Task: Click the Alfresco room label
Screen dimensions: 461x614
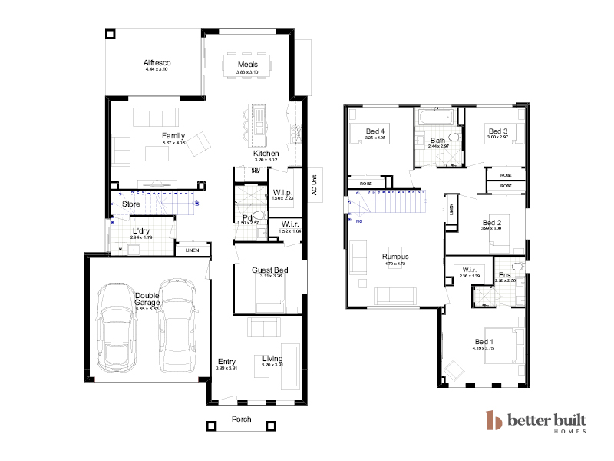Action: (x=156, y=63)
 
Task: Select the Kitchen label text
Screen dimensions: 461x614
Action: (x=266, y=154)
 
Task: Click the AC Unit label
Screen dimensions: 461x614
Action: (x=313, y=186)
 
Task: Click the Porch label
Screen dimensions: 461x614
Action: (x=241, y=420)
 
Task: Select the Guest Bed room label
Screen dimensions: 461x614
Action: (x=269, y=270)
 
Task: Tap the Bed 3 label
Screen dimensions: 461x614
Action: (x=498, y=132)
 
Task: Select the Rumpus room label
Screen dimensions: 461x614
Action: (x=394, y=257)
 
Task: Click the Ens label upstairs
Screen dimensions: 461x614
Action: (x=504, y=274)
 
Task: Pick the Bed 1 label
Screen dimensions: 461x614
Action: (x=483, y=341)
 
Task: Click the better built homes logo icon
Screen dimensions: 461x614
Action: (x=494, y=421)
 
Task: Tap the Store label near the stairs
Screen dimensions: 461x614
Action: (x=131, y=204)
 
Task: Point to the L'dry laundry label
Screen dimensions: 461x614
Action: (x=140, y=231)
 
